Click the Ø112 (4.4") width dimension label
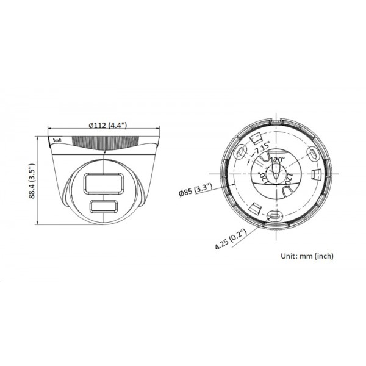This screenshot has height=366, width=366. (107, 125)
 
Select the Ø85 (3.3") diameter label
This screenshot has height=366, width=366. (195, 193)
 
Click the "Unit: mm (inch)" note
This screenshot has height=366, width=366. (307, 256)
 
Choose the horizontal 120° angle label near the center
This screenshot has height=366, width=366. (278, 160)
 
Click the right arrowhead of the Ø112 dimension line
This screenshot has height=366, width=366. (160, 130)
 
